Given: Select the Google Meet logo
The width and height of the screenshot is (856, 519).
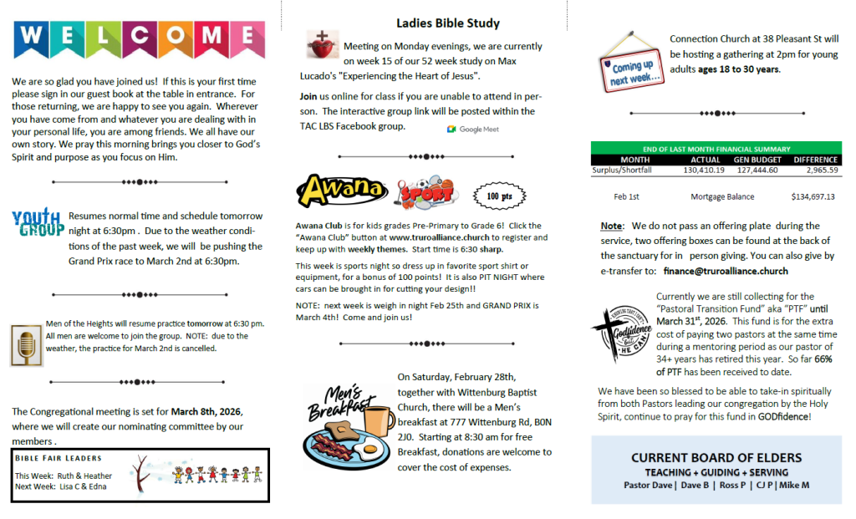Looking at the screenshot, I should tap(473, 130).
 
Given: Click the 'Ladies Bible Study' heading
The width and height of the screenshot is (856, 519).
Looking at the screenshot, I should tap(448, 23).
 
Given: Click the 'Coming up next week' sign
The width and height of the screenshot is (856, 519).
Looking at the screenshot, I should tap(632, 67).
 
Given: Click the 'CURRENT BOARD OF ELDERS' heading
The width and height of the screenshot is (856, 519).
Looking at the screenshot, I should tap(716, 457).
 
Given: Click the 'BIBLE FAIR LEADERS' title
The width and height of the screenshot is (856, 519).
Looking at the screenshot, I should tap(59, 458).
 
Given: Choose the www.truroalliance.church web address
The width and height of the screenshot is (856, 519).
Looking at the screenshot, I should tap(439, 237).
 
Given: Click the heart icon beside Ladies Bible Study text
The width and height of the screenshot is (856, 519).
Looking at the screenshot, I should tap(319, 45).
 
